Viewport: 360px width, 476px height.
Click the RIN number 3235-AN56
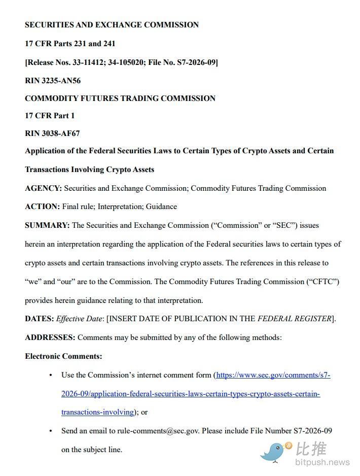click(x=62, y=81)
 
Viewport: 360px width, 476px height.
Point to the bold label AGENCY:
click(x=43, y=188)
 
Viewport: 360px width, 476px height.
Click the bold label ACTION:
click(x=42, y=207)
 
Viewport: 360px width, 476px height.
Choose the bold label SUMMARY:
click(x=47, y=225)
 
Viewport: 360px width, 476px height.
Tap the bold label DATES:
click(x=39, y=319)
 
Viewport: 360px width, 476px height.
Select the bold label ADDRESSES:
click(x=50, y=337)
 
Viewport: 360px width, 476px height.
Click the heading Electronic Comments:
click(x=63, y=356)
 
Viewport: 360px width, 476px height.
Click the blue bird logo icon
click(x=276, y=451)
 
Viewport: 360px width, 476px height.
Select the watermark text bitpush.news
click(x=322, y=462)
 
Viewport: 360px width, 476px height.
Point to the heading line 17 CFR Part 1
click(x=50, y=116)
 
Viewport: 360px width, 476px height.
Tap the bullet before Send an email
click(x=51, y=431)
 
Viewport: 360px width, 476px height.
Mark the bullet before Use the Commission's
click(x=51, y=375)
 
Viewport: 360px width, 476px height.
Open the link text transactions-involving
click(x=97, y=412)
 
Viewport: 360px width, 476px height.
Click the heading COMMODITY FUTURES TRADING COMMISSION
click(x=120, y=98)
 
